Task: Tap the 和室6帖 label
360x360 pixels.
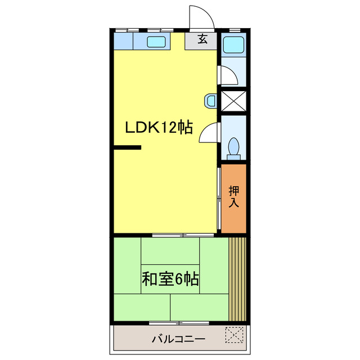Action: pos(170,278)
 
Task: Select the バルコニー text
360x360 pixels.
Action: pos(178,339)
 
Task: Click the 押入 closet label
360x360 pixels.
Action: pos(234,197)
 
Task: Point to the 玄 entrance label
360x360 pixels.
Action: pos(202,40)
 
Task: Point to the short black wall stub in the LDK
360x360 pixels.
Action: pos(127,148)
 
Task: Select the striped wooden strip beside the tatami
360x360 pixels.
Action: pos(238,278)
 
